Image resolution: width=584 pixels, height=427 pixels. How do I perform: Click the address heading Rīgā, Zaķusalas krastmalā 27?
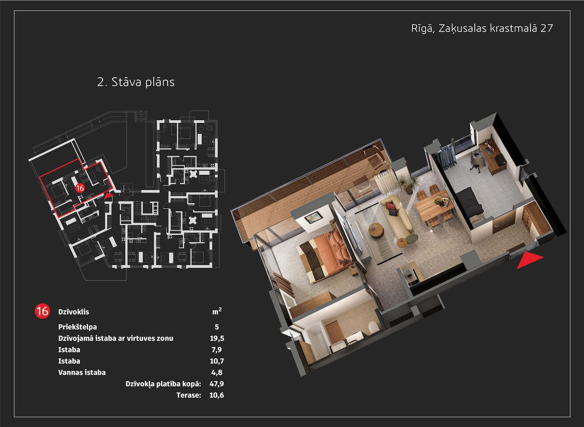point(482,28)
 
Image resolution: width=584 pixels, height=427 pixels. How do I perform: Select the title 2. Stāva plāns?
point(136,82)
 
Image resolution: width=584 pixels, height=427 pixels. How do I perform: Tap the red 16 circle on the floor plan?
point(80,188)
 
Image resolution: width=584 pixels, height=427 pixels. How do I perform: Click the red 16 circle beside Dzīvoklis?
point(42,311)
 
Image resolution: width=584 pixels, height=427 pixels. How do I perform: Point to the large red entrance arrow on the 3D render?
point(529,260)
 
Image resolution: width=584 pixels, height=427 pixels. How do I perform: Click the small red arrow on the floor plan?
point(109,196)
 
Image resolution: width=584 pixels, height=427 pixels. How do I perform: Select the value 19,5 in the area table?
point(217,338)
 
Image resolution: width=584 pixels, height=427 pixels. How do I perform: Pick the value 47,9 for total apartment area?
point(217,384)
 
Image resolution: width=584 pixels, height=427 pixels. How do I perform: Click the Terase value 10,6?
point(217,395)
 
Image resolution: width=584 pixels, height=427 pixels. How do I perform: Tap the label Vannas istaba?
point(82,373)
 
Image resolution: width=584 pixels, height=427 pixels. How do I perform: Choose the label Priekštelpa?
point(78,327)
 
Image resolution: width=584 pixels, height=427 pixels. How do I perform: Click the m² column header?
point(217,311)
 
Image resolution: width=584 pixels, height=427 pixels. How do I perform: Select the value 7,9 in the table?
point(217,350)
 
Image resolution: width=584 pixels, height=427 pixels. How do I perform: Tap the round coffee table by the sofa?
point(376,231)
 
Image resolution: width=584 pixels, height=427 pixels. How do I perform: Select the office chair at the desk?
point(477,162)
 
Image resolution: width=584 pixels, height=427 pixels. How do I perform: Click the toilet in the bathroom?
point(373,327)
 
